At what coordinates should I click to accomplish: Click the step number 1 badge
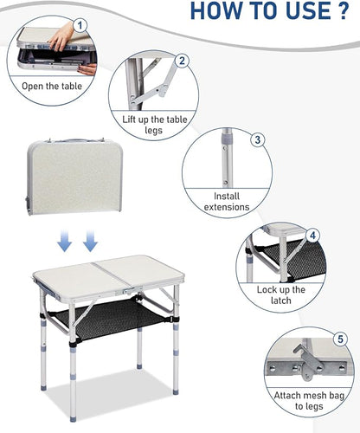point(80,25)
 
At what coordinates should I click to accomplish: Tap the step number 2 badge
point(182,61)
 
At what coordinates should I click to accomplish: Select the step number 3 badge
point(257,139)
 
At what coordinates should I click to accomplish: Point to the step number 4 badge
point(312,236)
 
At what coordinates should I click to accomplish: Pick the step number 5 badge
point(341,339)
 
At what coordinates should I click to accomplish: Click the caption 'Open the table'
point(52,86)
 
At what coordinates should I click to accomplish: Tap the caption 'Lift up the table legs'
point(155,125)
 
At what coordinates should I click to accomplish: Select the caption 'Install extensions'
point(227,202)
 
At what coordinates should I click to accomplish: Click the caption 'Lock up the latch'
point(281,295)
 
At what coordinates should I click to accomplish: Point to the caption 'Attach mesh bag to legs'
point(309,401)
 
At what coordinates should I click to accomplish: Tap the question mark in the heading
point(344,10)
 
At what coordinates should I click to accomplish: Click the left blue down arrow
point(64,241)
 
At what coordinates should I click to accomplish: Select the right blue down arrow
point(90,241)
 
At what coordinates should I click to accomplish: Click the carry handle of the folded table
point(76,140)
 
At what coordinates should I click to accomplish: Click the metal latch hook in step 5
point(308,365)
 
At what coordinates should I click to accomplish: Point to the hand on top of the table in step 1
point(61,36)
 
